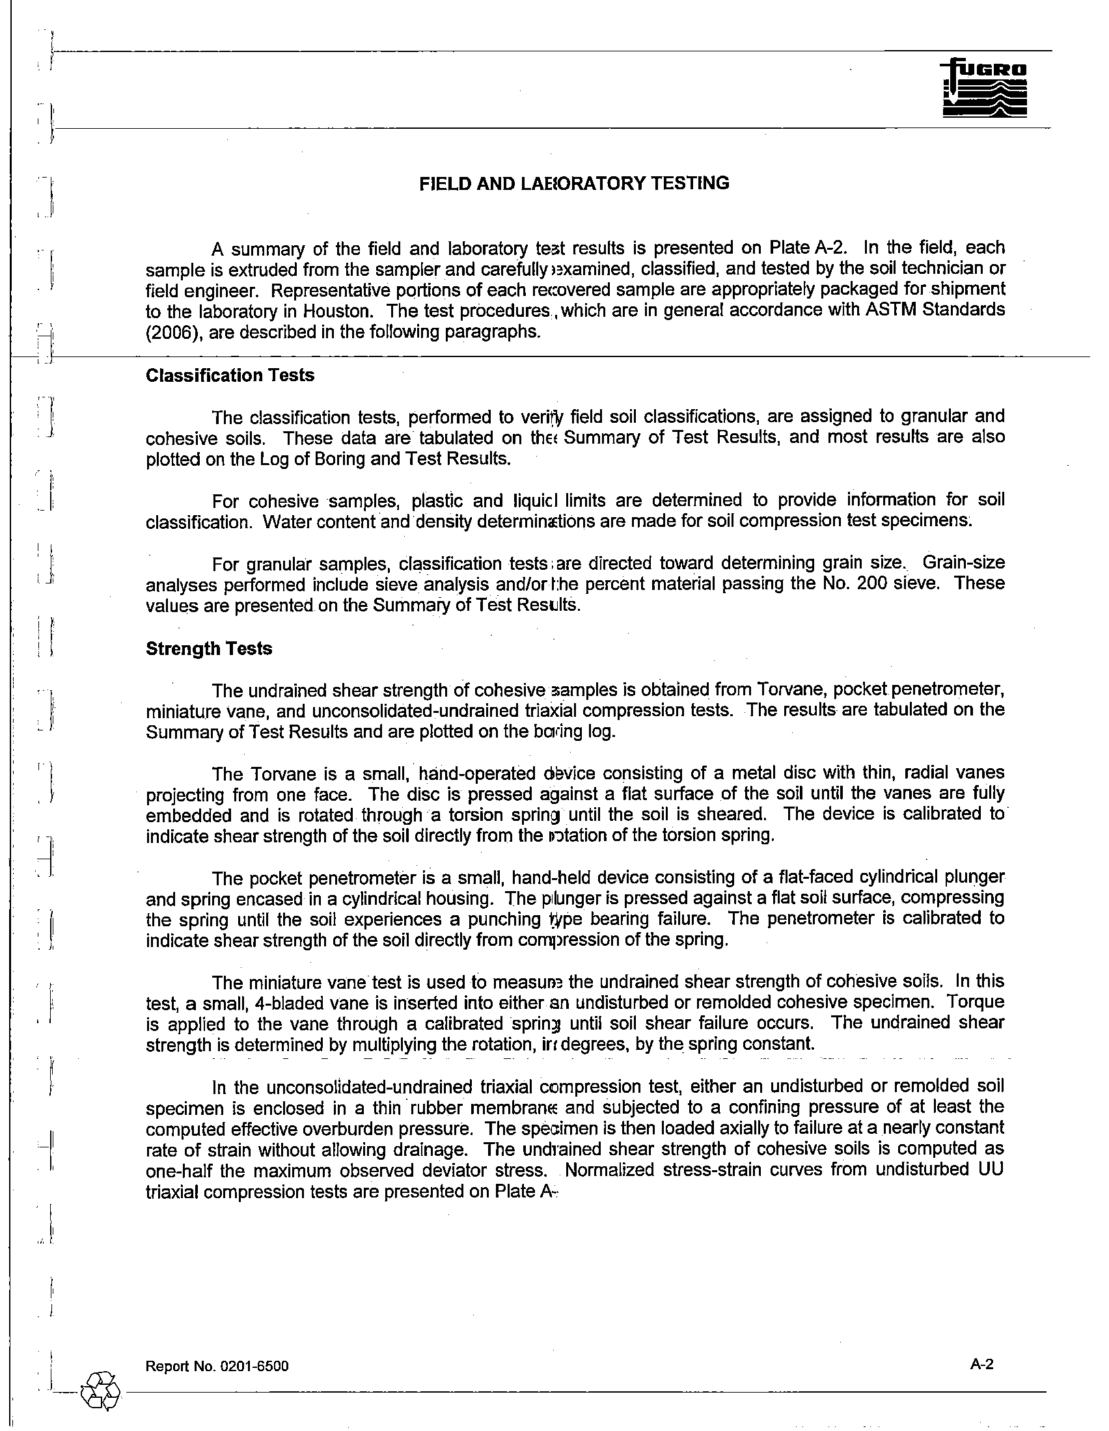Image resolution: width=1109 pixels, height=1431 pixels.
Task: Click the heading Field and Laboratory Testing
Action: tap(573, 183)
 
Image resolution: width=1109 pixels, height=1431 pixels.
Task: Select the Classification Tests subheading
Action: tap(230, 375)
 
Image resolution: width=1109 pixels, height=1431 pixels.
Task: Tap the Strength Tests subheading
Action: tap(209, 649)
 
